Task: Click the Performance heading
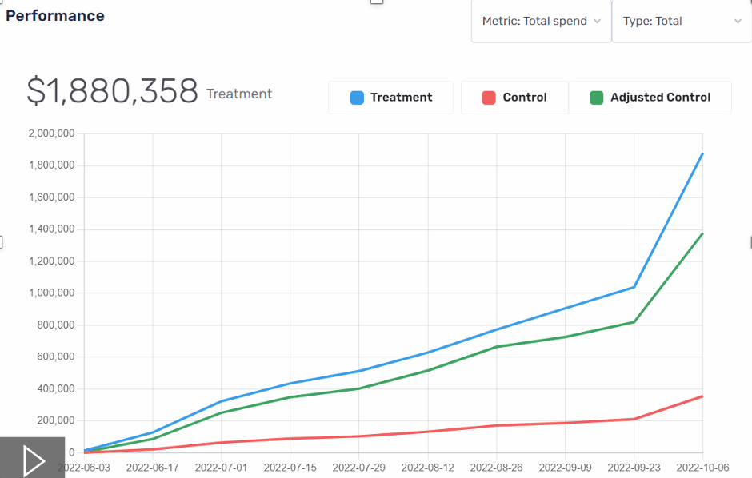click(x=55, y=16)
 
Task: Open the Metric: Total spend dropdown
click(x=542, y=22)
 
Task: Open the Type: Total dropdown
click(x=682, y=22)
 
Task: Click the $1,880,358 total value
click(x=112, y=92)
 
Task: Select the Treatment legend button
click(x=391, y=98)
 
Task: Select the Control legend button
click(x=514, y=98)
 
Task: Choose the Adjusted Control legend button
click(x=650, y=98)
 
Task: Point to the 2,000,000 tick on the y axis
click(x=50, y=133)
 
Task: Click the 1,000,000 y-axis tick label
click(x=50, y=293)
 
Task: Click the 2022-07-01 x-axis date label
click(x=222, y=467)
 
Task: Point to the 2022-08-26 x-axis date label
click(x=497, y=467)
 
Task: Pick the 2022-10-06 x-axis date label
click(x=702, y=467)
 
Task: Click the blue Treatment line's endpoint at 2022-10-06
click(x=702, y=153)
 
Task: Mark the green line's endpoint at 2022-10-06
click(x=702, y=233)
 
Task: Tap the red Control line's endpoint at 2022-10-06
click(x=702, y=396)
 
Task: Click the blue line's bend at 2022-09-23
click(x=634, y=287)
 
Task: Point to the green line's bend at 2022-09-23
click(x=634, y=322)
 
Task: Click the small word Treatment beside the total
click(x=239, y=94)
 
